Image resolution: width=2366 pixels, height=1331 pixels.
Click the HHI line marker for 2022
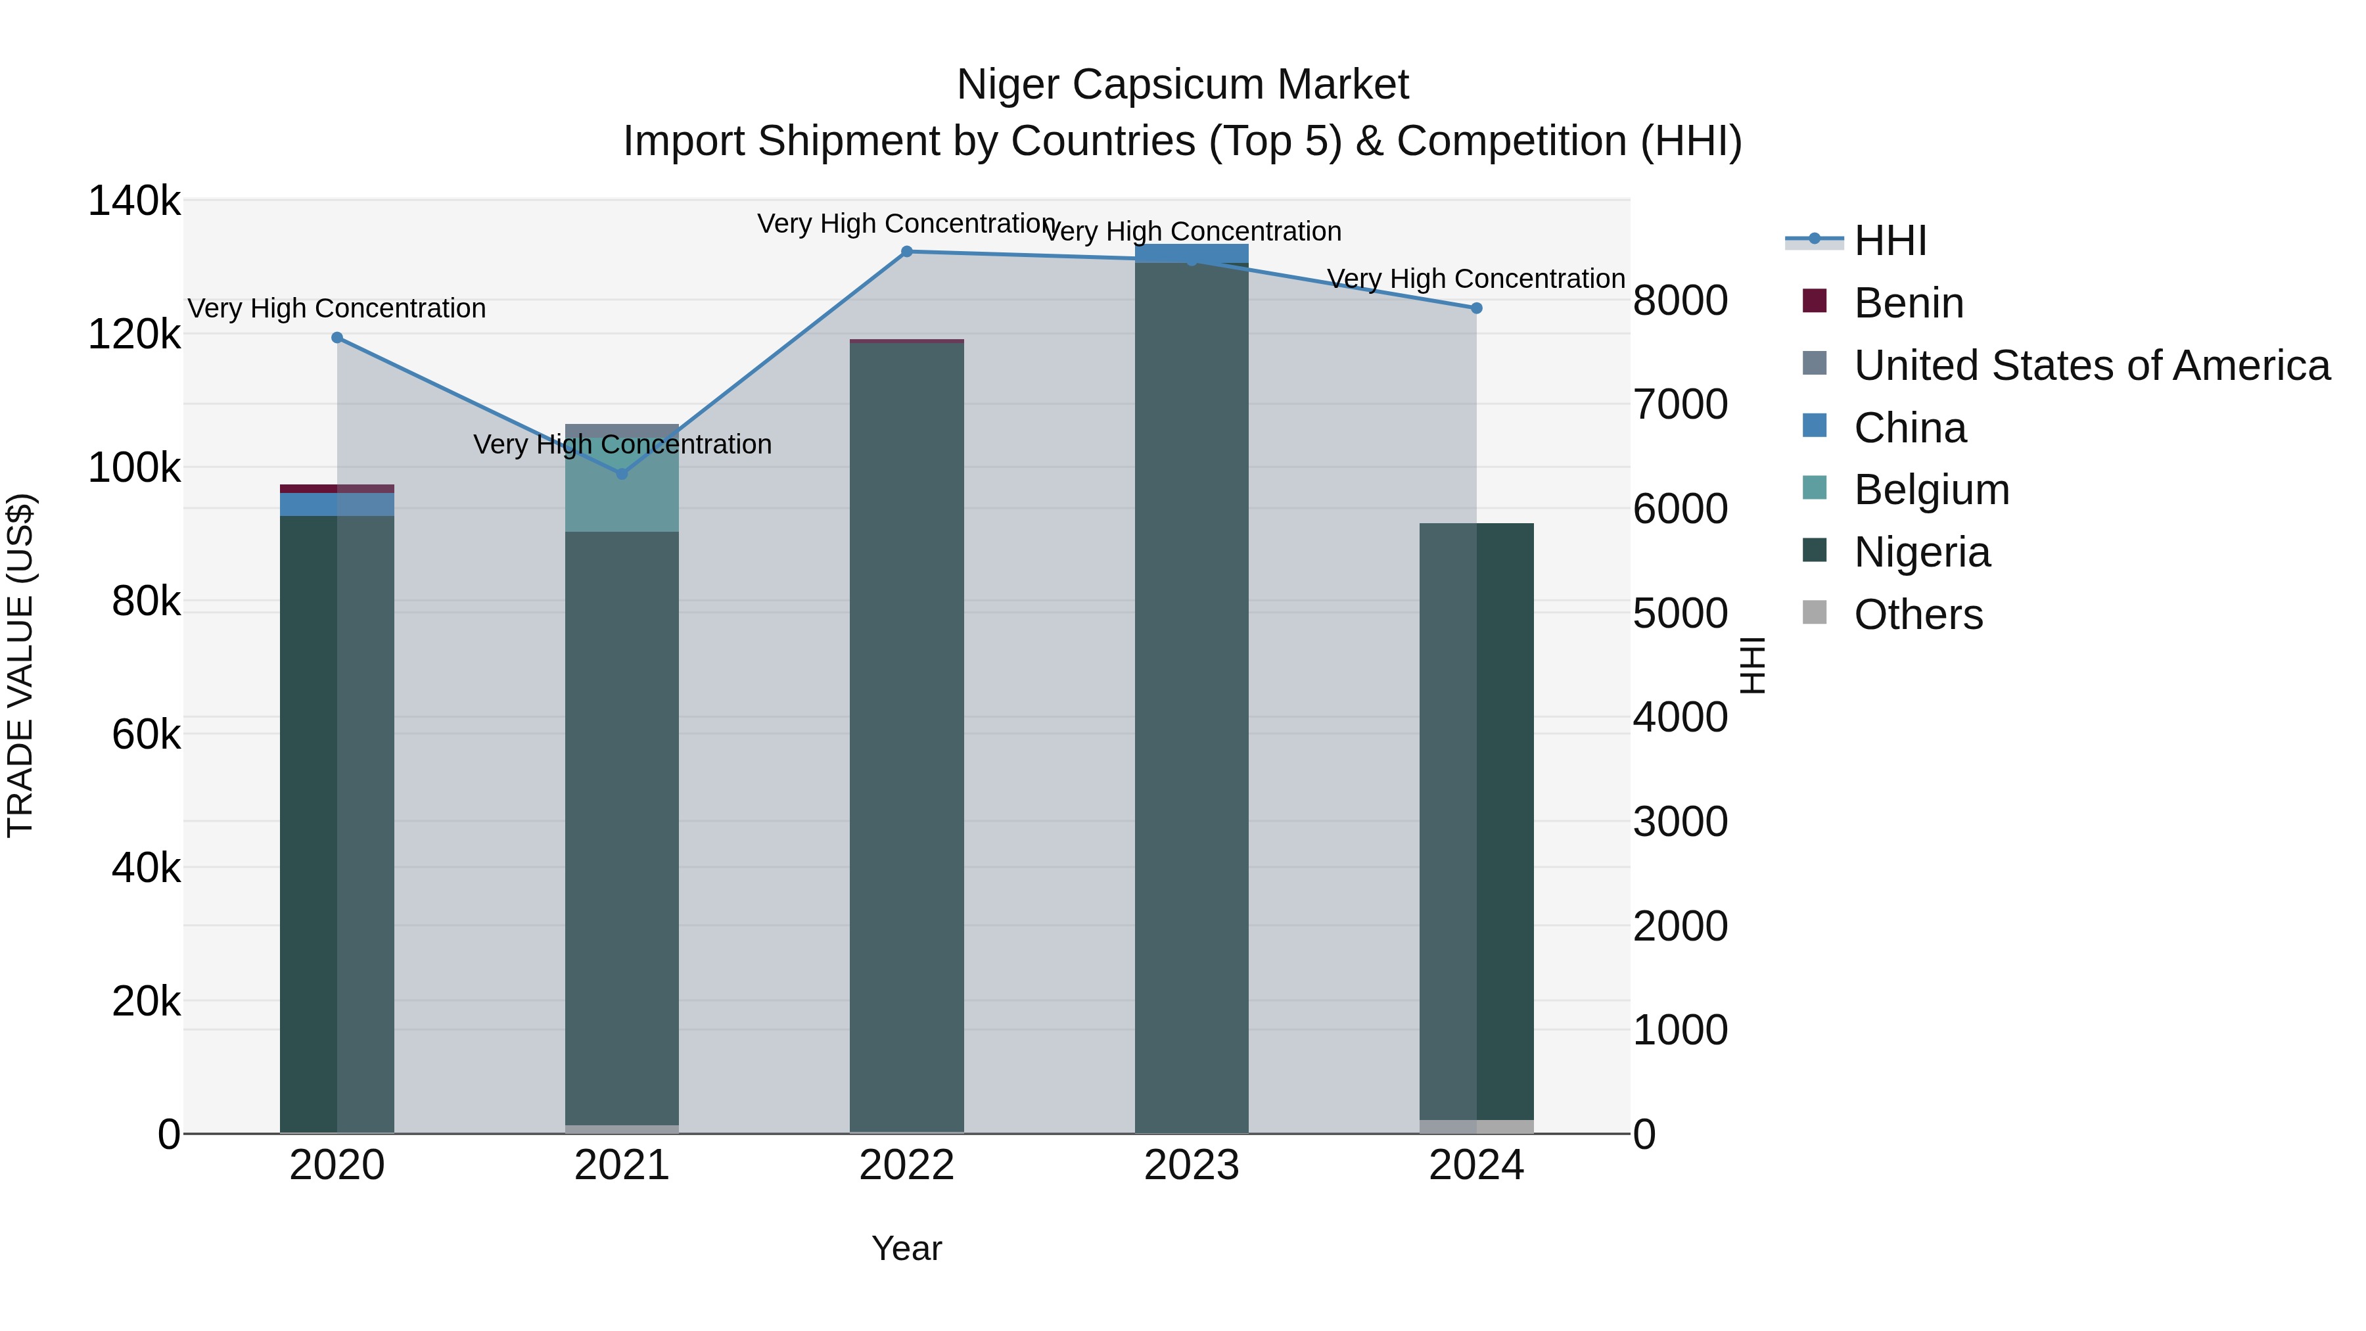click(906, 252)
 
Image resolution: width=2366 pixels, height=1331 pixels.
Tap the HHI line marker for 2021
click(622, 474)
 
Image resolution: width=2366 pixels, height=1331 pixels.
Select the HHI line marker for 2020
click(337, 338)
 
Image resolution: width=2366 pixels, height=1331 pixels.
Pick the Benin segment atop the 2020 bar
click(337, 488)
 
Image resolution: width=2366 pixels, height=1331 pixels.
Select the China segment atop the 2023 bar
click(1192, 252)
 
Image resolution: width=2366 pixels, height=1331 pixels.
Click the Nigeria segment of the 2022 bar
click(906, 735)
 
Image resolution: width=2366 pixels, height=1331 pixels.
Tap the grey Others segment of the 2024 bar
click(1477, 1126)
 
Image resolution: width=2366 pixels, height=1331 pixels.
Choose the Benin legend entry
click(1908, 303)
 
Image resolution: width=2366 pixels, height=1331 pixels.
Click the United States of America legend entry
click(2091, 365)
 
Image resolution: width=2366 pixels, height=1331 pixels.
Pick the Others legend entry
click(1917, 615)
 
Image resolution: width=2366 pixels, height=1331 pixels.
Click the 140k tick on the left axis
click(134, 201)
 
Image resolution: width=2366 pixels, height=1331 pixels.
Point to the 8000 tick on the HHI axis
click(1680, 301)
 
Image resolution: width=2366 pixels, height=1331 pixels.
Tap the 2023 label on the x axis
click(1192, 1165)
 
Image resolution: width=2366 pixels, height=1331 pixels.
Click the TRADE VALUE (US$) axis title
click(20, 665)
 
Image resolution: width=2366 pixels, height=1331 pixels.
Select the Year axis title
click(906, 1248)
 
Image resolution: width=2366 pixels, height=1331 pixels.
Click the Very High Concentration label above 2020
click(337, 309)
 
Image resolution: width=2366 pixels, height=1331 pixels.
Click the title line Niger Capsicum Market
click(1182, 85)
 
